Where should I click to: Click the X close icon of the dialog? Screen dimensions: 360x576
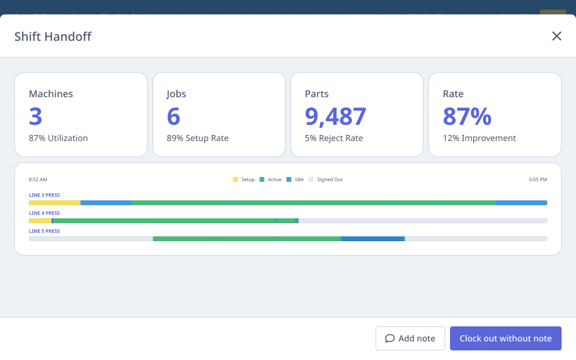tap(557, 36)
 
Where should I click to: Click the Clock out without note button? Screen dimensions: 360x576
tap(505, 338)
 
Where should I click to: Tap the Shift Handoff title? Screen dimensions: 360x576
tap(53, 37)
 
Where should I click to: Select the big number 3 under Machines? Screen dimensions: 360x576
tap(35, 116)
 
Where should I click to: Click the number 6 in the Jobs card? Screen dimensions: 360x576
tap(173, 116)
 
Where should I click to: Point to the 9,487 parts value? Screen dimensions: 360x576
tap(335, 116)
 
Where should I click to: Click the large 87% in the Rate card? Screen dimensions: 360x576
tap(467, 116)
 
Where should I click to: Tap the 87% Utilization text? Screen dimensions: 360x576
tap(58, 138)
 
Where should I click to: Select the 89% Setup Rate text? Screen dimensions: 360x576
tap(197, 138)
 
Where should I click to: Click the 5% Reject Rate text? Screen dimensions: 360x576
tap(334, 138)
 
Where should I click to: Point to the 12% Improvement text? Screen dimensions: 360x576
tap(479, 138)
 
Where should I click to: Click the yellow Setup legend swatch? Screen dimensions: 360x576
tap(235, 179)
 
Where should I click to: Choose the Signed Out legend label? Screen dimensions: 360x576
tap(329, 179)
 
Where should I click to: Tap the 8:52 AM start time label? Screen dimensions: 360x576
tap(38, 179)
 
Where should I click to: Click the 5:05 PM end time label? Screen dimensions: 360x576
tap(538, 179)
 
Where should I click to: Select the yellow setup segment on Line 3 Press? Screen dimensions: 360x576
tap(54, 203)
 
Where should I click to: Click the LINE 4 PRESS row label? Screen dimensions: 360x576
tap(44, 213)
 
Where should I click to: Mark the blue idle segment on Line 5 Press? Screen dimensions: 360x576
tap(373, 239)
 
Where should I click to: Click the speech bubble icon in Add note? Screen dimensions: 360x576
tap(390, 338)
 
